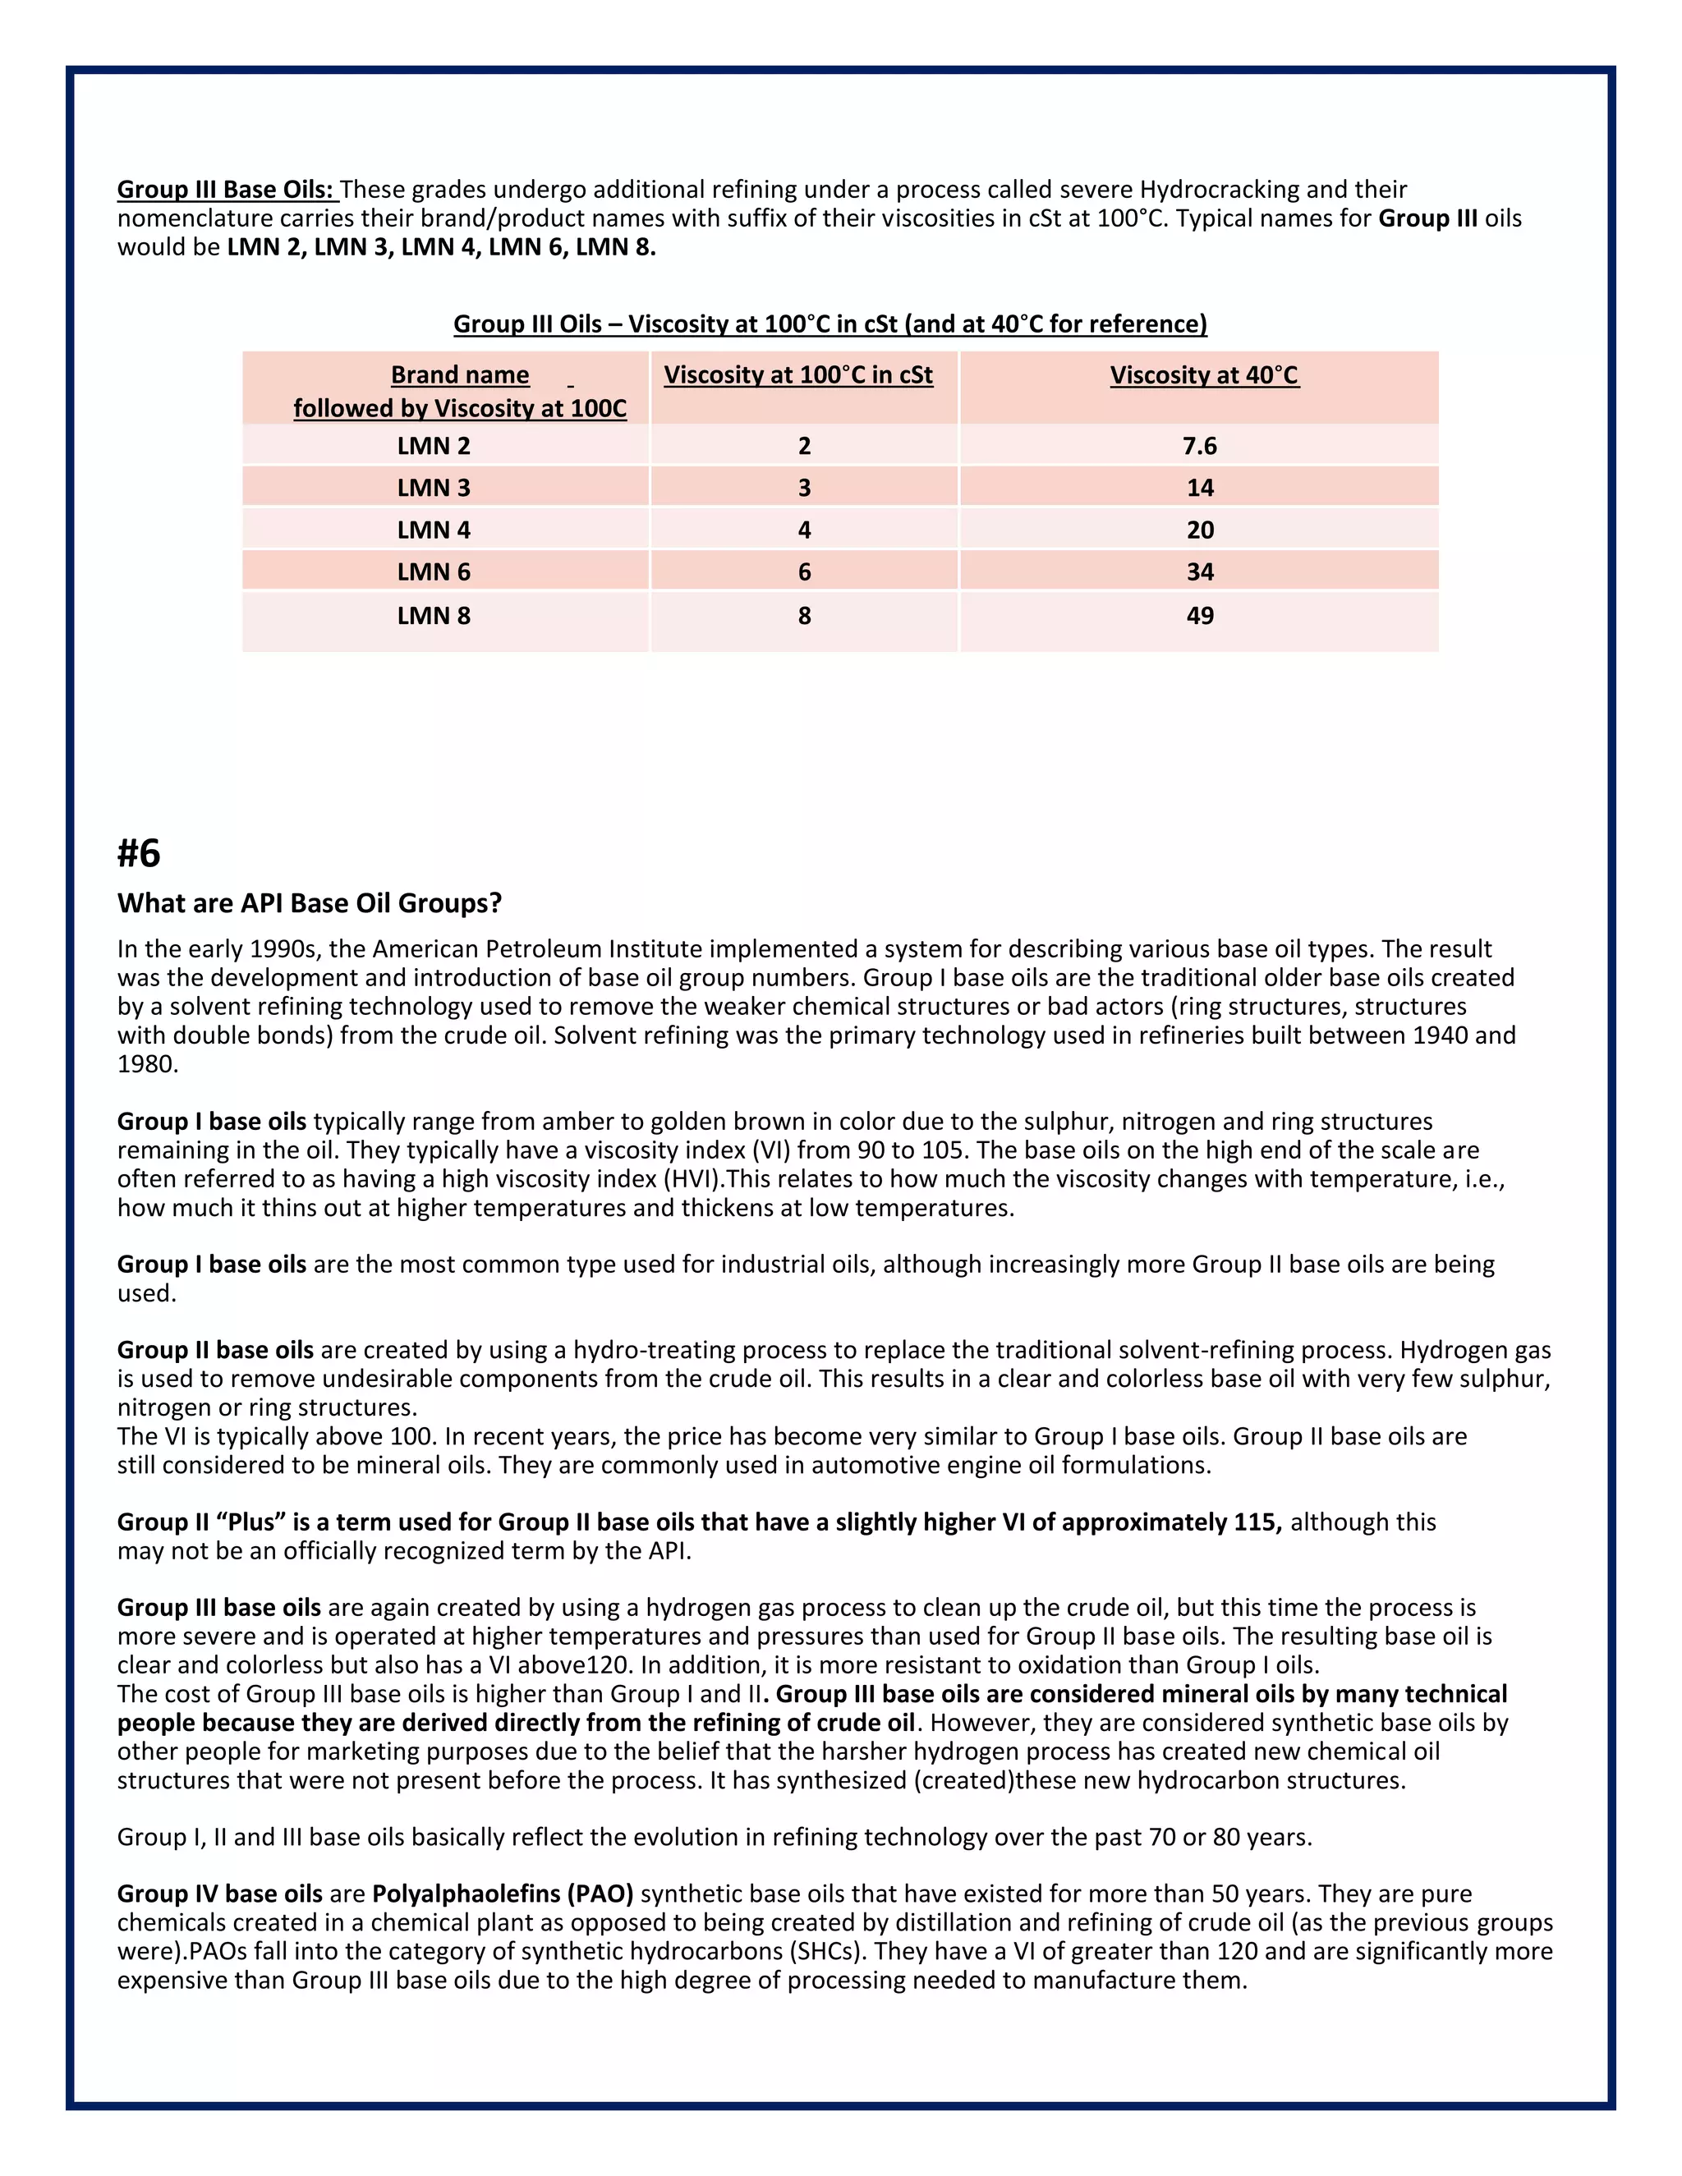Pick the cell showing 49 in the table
point(1200,615)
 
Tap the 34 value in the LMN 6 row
point(1200,572)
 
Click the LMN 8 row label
point(434,615)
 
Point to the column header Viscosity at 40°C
point(1204,374)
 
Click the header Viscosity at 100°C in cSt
point(798,374)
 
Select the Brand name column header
point(459,375)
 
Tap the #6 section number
point(139,853)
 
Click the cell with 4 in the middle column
point(804,530)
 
